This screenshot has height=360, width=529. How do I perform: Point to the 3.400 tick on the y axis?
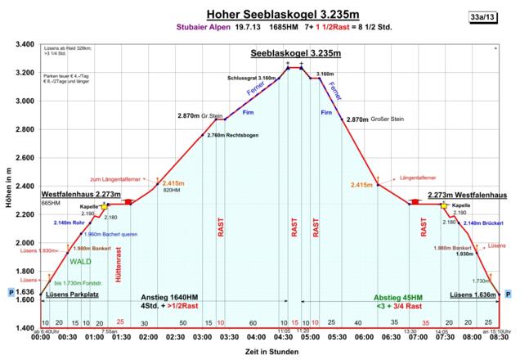[24, 44]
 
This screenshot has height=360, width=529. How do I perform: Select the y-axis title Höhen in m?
[7, 187]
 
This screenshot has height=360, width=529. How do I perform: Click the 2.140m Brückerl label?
[481, 223]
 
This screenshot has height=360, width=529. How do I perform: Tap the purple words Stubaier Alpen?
[197, 27]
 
